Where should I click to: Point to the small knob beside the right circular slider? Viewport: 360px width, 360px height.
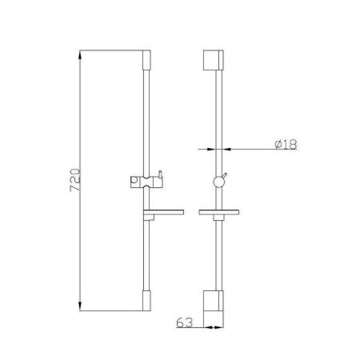click(x=226, y=177)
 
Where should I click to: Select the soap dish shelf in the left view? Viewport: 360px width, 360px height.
click(x=163, y=214)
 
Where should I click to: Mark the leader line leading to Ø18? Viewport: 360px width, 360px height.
click(x=248, y=150)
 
